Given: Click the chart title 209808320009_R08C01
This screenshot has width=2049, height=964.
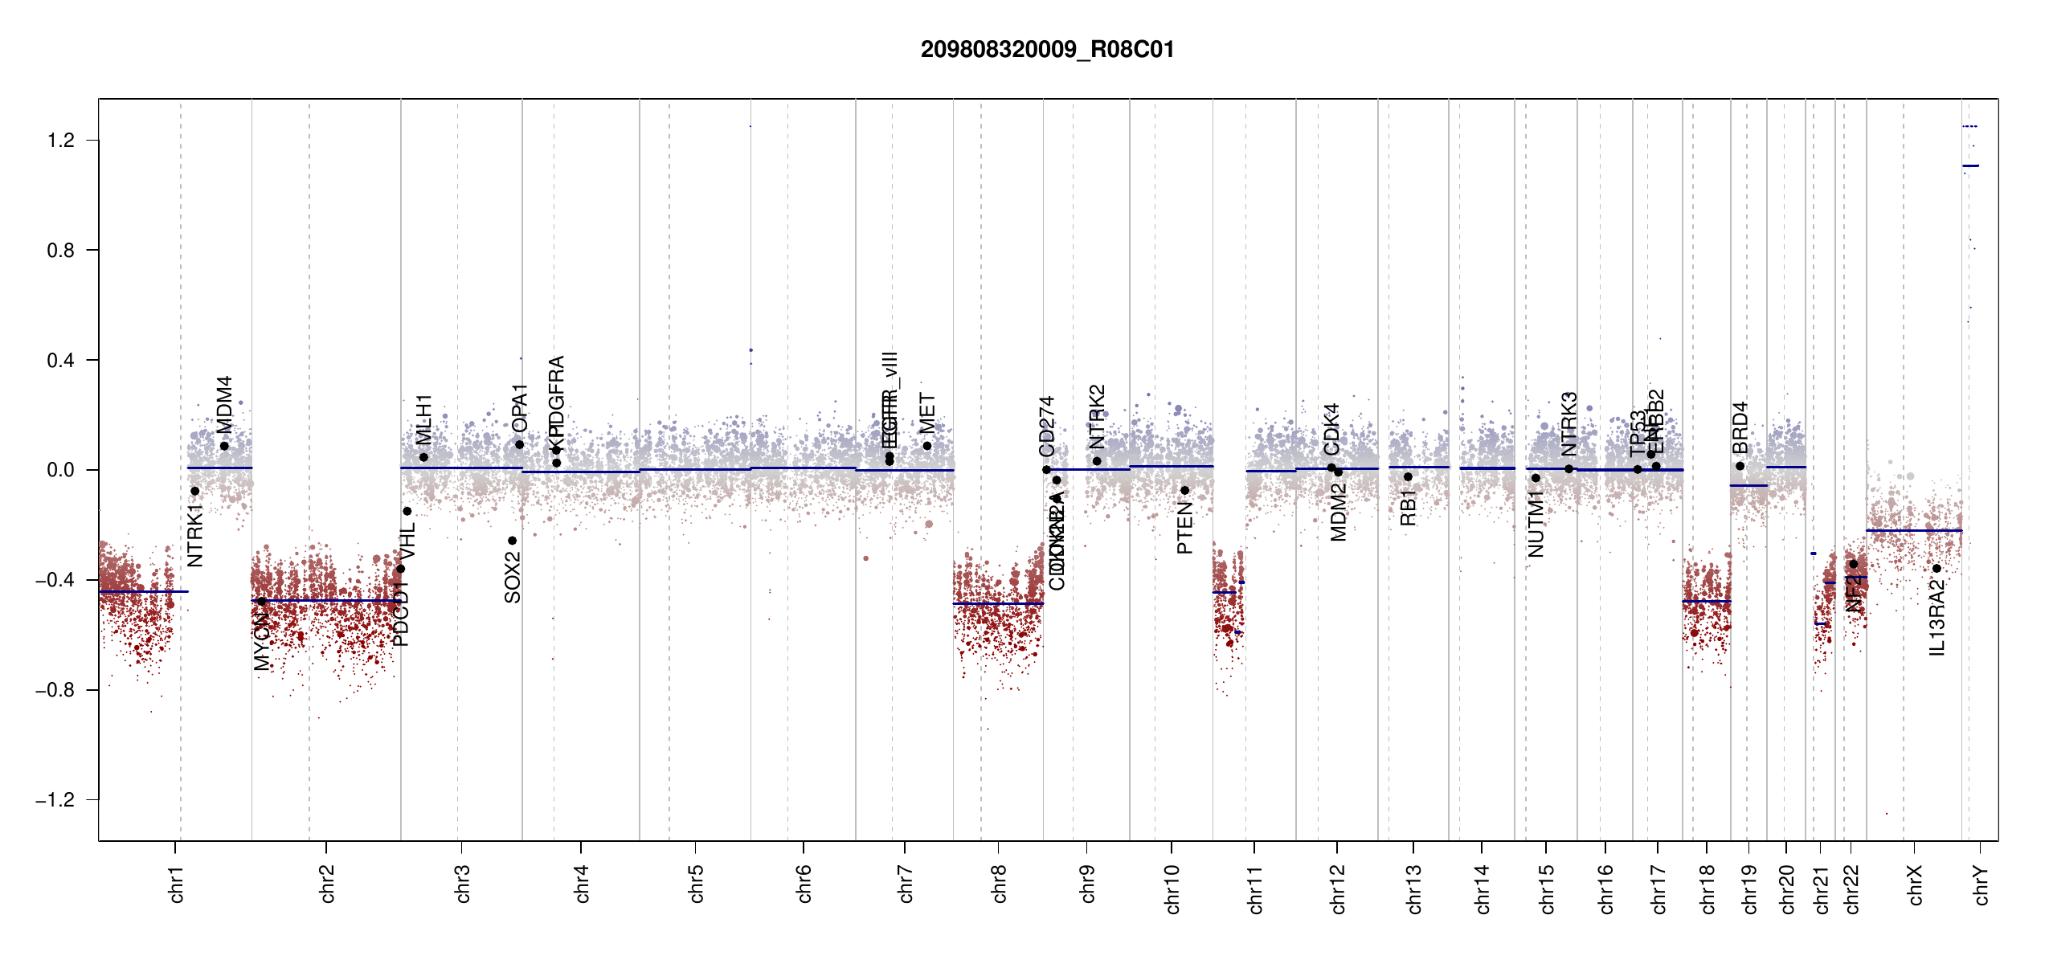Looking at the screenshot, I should [1047, 50].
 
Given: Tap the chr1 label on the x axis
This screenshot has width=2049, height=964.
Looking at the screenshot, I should [176, 884].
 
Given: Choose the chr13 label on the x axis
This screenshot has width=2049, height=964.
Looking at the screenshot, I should [1413, 888].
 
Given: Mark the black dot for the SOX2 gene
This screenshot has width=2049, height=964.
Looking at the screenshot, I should [512, 541].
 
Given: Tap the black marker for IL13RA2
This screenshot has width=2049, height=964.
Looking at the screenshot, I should [1937, 569].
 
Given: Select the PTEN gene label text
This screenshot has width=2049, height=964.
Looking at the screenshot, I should [1184, 529].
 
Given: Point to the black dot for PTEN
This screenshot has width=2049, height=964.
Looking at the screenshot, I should [1184, 490].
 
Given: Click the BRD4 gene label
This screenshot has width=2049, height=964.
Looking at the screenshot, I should [1740, 428].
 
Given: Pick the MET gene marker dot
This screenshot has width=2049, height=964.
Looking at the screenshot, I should [926, 446].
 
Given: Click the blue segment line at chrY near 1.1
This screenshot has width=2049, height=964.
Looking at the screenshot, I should [1970, 165].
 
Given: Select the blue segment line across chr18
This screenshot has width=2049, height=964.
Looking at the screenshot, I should [1707, 601].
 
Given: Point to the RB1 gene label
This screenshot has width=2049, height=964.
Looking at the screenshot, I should [1408, 508].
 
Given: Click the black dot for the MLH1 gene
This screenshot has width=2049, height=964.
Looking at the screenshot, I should [423, 458].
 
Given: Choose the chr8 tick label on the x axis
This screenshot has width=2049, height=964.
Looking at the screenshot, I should [999, 884].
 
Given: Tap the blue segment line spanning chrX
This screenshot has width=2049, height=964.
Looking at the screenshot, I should [1913, 530].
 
